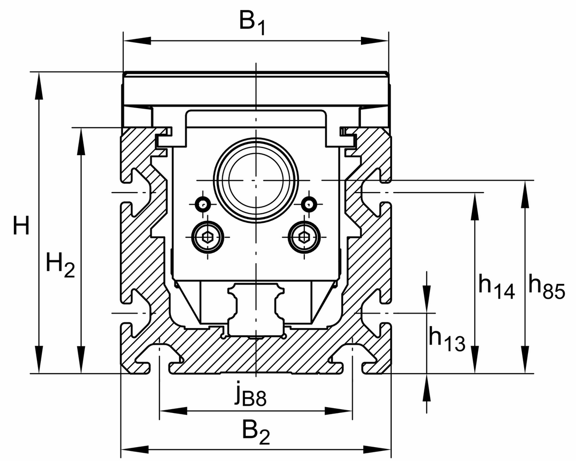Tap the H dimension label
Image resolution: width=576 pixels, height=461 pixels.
pyautogui.click(x=21, y=226)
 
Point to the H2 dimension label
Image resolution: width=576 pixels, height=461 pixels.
pyautogui.click(x=60, y=266)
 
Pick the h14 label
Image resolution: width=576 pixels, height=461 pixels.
pyautogui.click(x=496, y=286)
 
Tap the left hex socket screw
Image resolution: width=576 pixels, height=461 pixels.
pyautogui.click(x=207, y=236)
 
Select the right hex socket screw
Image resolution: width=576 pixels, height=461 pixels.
pyautogui.click(x=304, y=236)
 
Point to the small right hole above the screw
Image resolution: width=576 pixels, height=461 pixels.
pyautogui.click(x=310, y=204)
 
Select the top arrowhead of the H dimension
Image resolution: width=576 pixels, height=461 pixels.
pyautogui.click(x=38, y=87)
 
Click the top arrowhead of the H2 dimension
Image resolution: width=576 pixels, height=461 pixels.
pyautogui.click(x=81, y=142)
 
